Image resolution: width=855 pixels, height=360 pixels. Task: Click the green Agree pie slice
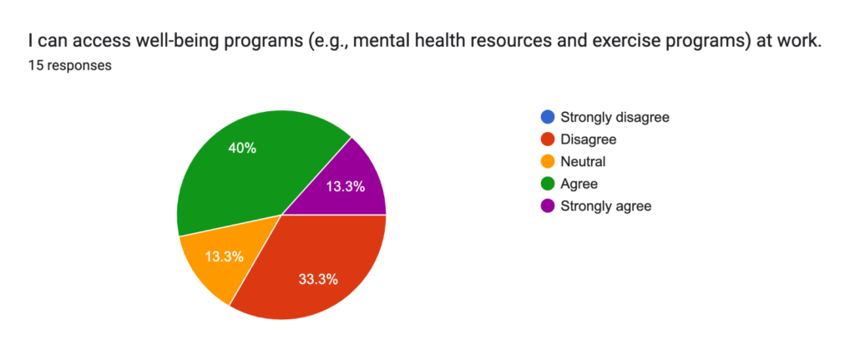240,169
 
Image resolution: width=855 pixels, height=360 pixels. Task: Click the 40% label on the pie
243,148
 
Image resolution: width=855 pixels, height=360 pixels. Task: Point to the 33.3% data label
318,280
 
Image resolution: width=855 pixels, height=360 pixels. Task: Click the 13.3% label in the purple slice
345,186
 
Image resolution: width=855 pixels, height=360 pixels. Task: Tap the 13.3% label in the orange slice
224,256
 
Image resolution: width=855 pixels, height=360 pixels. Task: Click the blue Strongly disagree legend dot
548,117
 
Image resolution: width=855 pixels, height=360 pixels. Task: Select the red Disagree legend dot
548,139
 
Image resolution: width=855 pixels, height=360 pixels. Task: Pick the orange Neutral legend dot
548,161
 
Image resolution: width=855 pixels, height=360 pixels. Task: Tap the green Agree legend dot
548,184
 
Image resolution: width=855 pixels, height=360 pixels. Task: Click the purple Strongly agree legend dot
548,206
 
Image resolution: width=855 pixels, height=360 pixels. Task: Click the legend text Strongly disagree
615,117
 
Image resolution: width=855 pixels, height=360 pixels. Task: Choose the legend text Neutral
584,161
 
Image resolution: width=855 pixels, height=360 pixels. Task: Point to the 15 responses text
70,66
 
